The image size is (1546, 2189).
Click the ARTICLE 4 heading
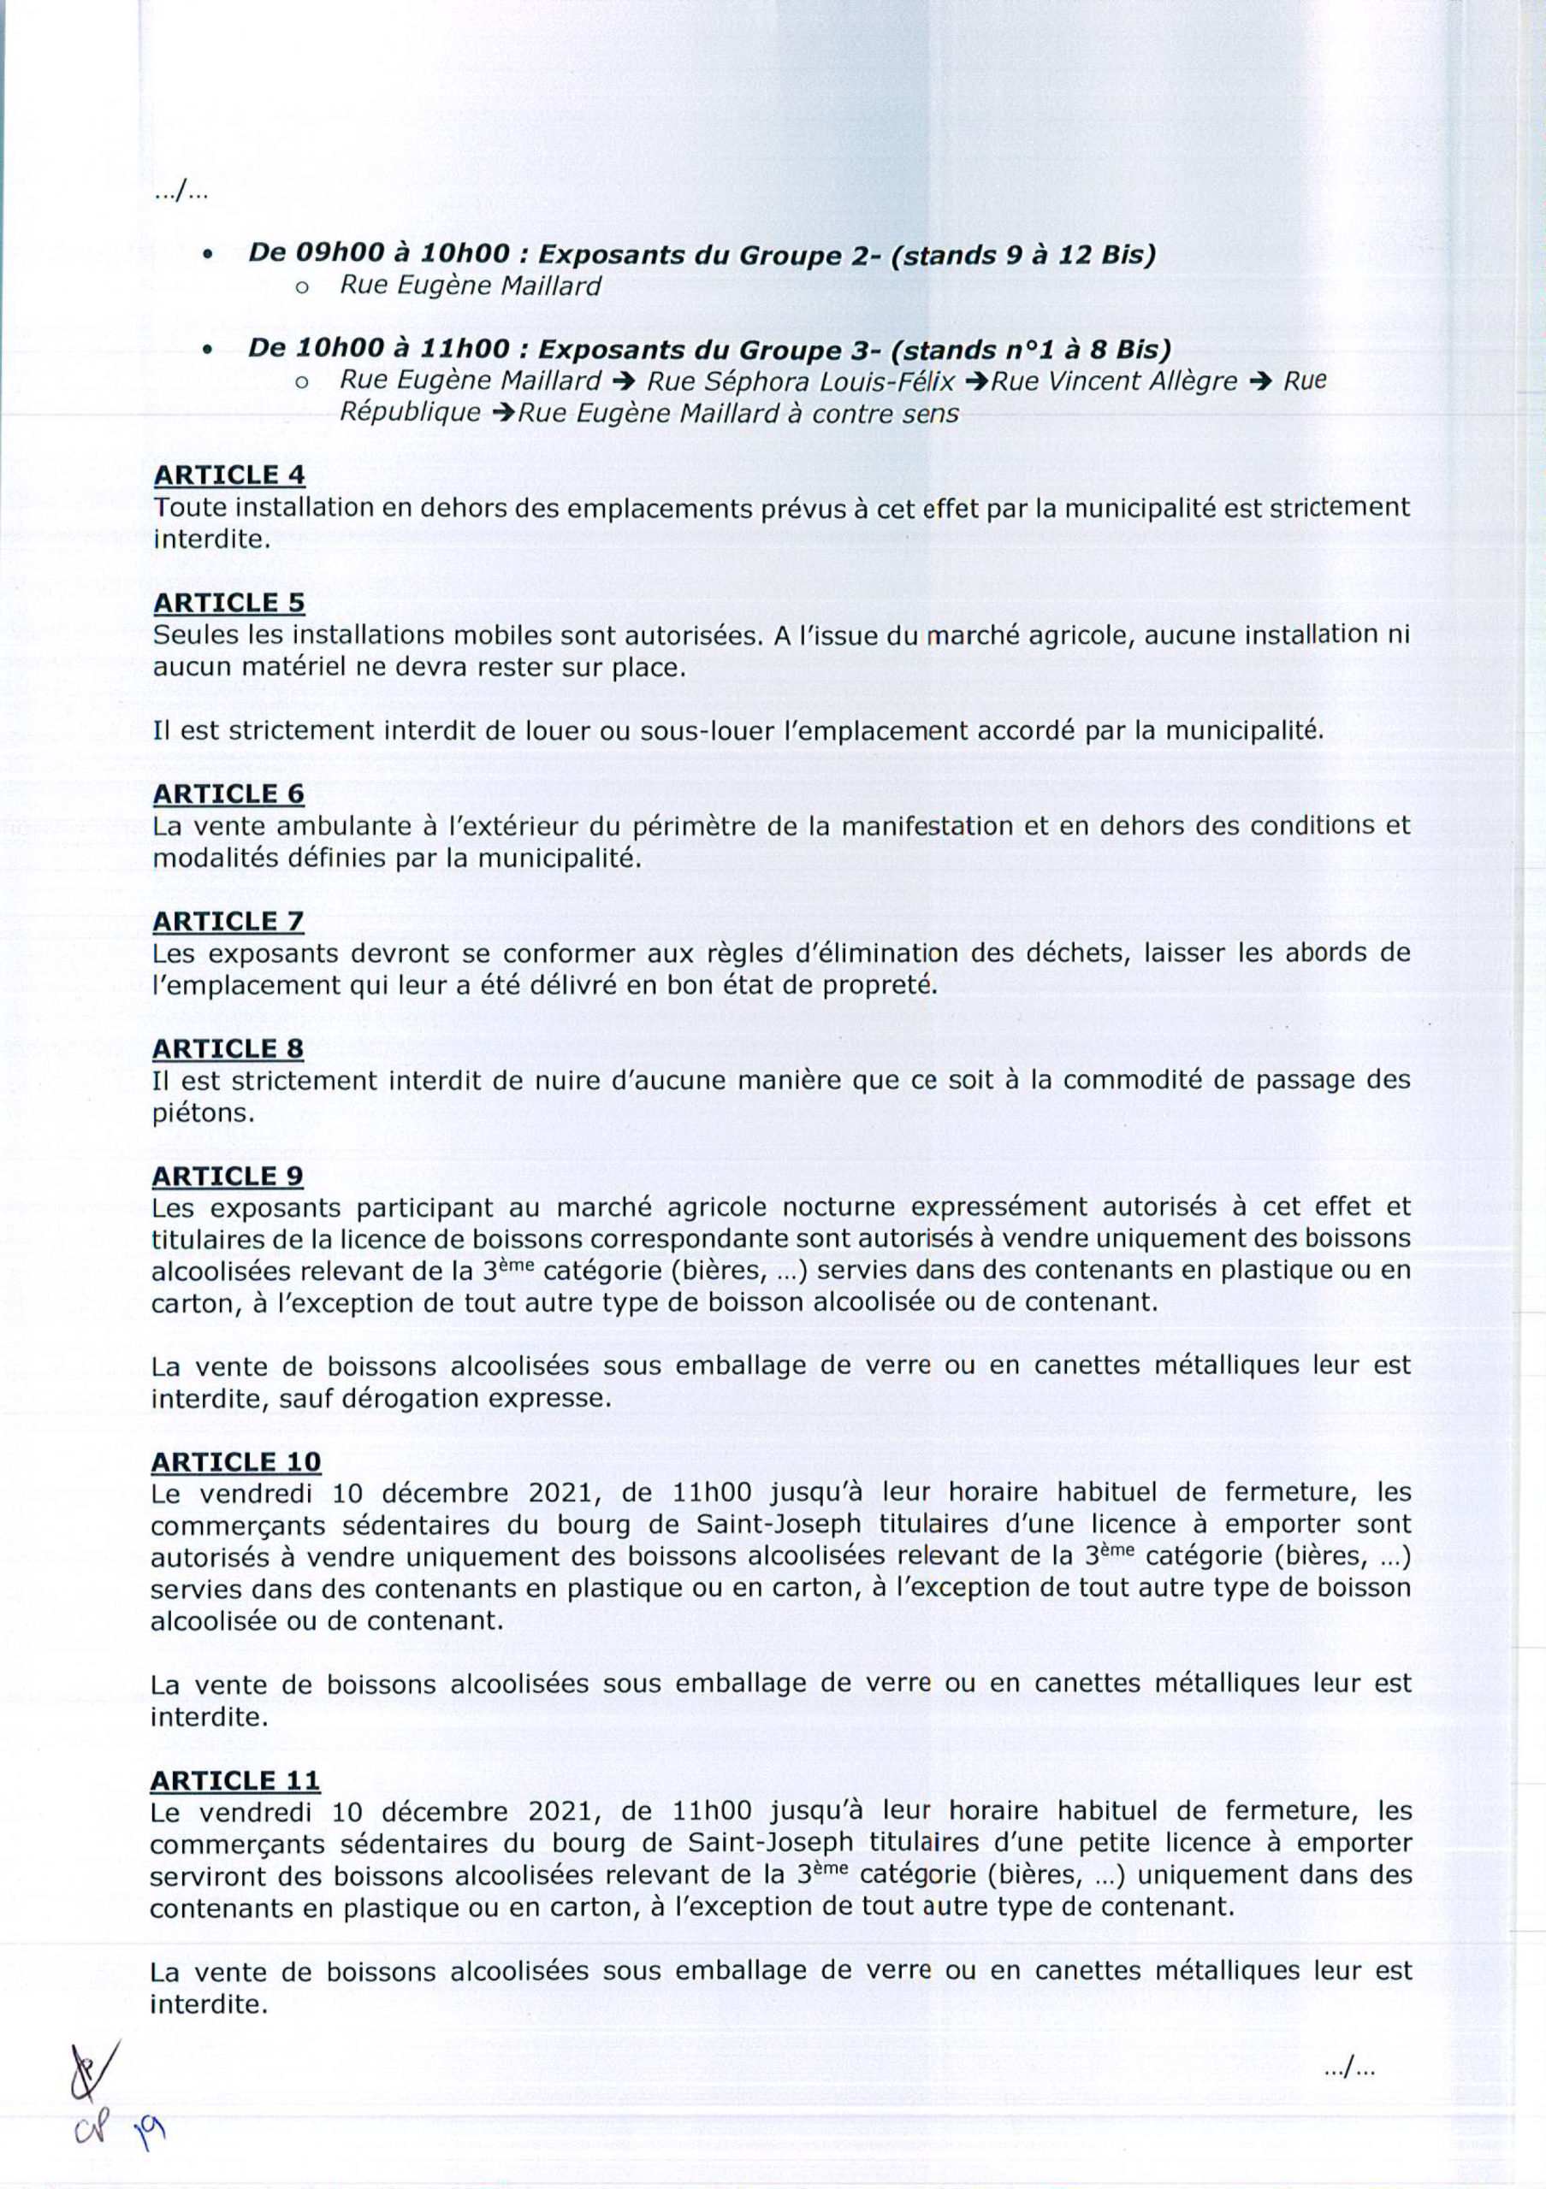tap(229, 475)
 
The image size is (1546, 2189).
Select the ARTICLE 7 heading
tap(228, 921)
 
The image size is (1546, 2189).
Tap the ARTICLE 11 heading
tap(234, 1780)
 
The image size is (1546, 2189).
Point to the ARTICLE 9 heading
tap(227, 1176)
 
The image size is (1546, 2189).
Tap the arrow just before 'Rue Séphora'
tap(624, 381)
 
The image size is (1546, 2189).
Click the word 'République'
tap(411, 413)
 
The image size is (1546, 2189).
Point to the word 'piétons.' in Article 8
tap(203, 1112)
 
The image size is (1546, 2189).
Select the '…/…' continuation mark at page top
tap(181, 194)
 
